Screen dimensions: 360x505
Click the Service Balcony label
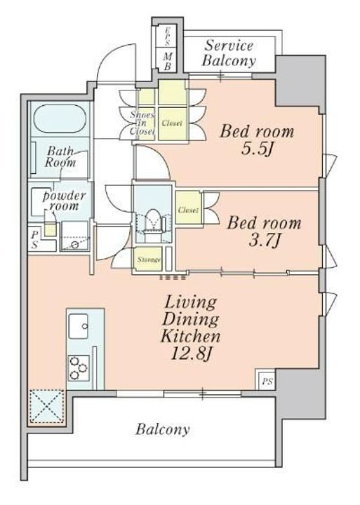(229, 53)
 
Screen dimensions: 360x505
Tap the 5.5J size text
(257, 149)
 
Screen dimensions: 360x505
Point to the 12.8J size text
(191, 354)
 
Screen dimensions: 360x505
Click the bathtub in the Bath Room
(60, 119)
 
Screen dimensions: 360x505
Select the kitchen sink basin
(79, 326)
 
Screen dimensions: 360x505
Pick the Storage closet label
(149, 260)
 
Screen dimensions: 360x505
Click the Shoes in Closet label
(142, 123)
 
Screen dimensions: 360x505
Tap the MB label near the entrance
(168, 61)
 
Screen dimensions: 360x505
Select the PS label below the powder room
(35, 240)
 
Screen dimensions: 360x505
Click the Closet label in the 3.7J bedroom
(189, 210)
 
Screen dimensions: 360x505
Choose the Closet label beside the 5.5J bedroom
(172, 123)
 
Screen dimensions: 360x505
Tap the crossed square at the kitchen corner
(47, 406)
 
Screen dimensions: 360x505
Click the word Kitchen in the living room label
(190, 336)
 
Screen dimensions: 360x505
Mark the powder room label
(65, 201)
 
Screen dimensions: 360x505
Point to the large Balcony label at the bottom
(162, 429)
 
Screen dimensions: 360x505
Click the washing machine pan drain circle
(75, 245)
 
